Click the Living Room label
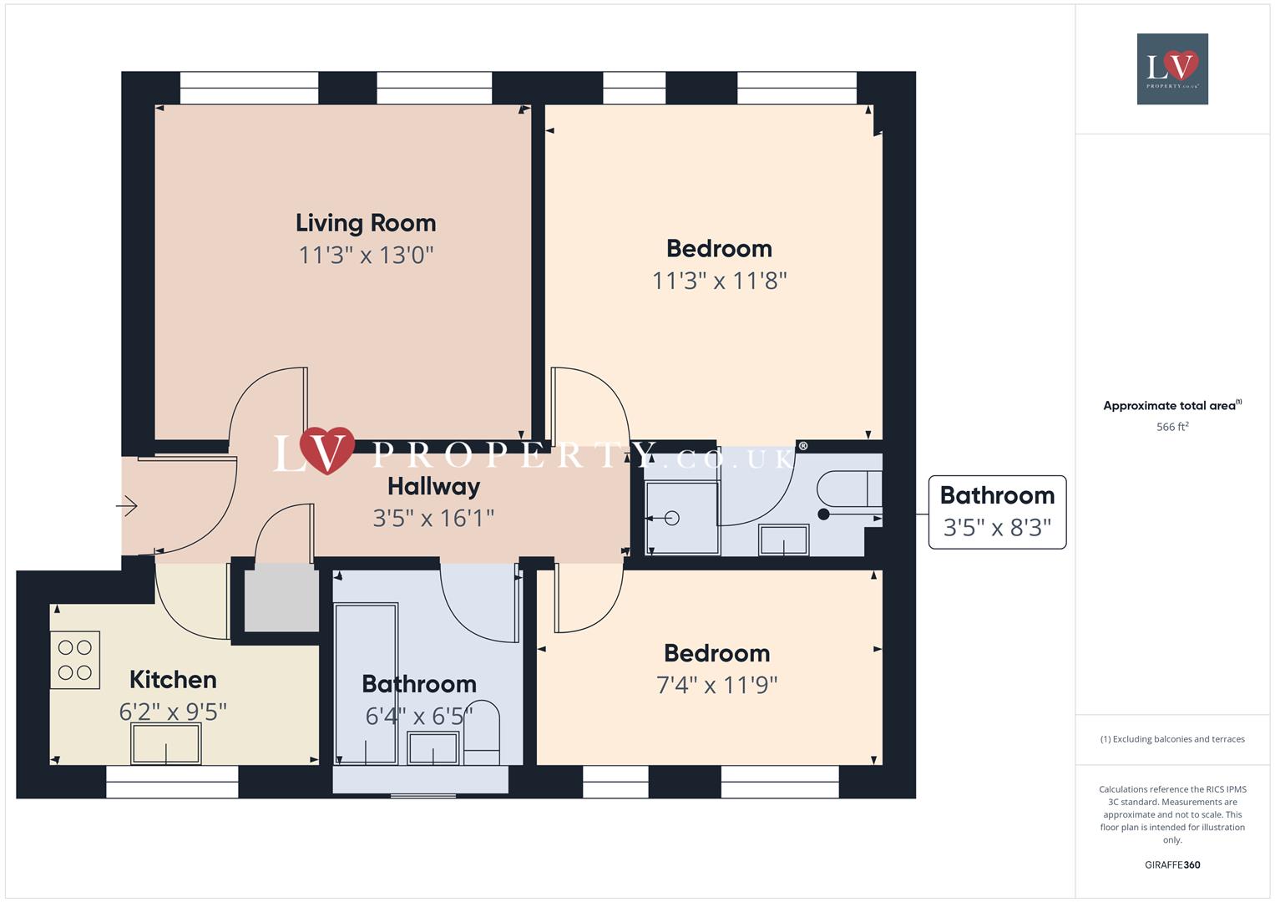[x=366, y=223]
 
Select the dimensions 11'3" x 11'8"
[x=719, y=281]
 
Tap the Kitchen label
[x=173, y=680]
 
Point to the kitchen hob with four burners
[x=75, y=660]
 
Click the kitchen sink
[x=166, y=742]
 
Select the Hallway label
[x=433, y=486]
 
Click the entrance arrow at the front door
[x=127, y=506]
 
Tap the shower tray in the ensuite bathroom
[x=682, y=518]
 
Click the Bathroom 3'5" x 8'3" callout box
[x=997, y=512]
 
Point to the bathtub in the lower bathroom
[x=366, y=683]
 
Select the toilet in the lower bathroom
[x=482, y=735]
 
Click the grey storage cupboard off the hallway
[x=281, y=598]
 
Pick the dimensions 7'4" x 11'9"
[x=716, y=685]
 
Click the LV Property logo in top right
[x=1172, y=68]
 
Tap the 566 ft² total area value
[x=1172, y=427]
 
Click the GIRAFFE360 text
[x=1172, y=864]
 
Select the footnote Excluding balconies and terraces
[x=1172, y=739]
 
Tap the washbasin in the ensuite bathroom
[x=783, y=540]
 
